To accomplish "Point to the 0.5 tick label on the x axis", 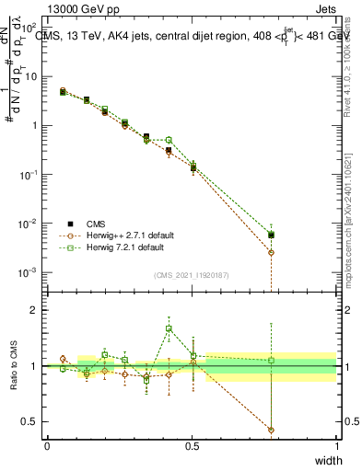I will click(192, 445).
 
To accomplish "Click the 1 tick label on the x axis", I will click(336, 445).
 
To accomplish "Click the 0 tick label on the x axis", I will click(47, 445).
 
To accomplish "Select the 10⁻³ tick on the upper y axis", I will click(29, 272).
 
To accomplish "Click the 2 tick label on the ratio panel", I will click(35, 310).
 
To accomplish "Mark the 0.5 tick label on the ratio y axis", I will click(31, 422).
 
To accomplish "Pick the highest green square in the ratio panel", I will click(169, 328).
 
